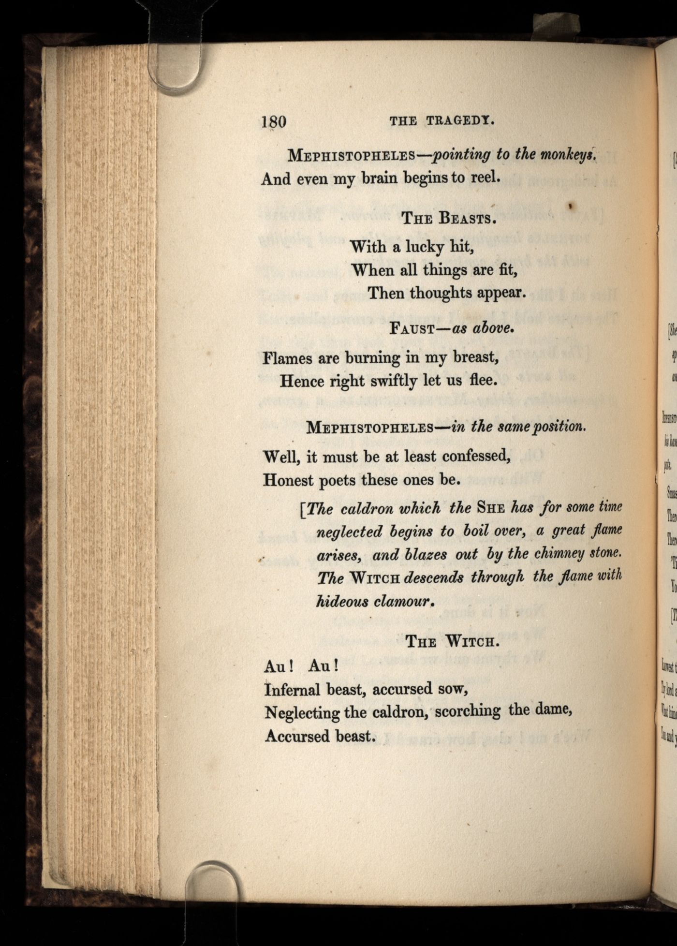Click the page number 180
click(274, 121)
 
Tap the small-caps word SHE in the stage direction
click(491, 508)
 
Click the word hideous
click(339, 601)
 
